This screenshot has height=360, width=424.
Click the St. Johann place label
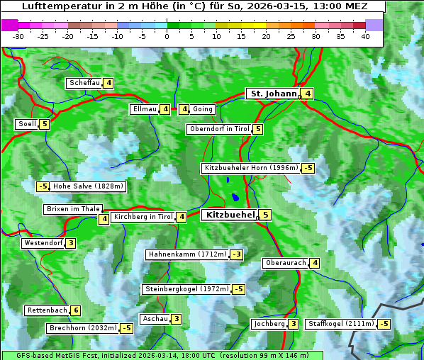point(272,94)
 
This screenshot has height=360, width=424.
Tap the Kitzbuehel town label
point(229,215)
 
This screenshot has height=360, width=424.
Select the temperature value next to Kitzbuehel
point(265,215)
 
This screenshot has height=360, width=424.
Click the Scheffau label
point(84,83)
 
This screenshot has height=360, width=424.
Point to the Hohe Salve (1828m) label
point(88,186)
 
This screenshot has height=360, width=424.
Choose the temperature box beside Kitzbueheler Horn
point(308,168)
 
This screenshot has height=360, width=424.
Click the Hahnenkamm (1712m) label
point(187,254)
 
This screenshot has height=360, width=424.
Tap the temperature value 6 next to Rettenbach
point(76,310)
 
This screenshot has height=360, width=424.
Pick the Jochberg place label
point(269,324)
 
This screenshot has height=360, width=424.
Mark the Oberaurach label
point(286,263)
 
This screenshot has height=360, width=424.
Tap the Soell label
point(27,124)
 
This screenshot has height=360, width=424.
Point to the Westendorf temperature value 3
point(71,243)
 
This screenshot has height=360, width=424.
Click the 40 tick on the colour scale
point(365,36)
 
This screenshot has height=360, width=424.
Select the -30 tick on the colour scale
point(18,36)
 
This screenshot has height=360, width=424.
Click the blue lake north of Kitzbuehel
point(234,198)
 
